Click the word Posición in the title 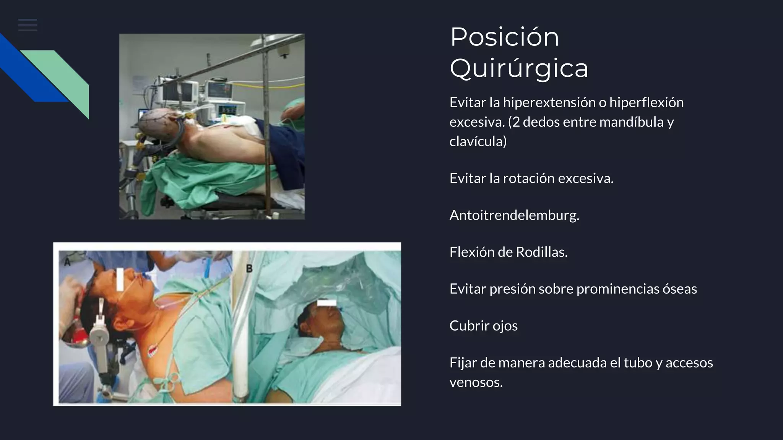(504, 37)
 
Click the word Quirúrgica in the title (519, 69)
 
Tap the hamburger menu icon (28, 25)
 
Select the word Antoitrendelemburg (514, 215)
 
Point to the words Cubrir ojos (483, 326)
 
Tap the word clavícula (478, 142)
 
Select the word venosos (476, 382)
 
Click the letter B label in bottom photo (249, 269)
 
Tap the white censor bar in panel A (120, 279)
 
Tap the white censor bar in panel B (327, 303)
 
